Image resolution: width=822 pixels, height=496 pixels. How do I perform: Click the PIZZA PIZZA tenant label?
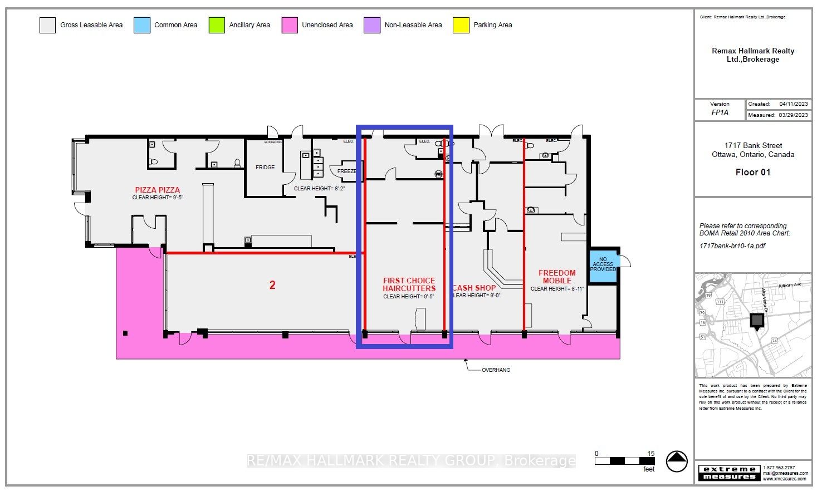(x=158, y=190)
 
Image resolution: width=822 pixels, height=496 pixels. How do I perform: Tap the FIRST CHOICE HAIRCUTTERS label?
(x=409, y=284)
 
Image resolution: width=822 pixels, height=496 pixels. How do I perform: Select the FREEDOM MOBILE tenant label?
(x=557, y=277)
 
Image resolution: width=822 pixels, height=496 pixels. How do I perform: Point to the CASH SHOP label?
(x=474, y=288)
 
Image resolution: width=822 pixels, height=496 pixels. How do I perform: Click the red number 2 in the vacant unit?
(x=272, y=285)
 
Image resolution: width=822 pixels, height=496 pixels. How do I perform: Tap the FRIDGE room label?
(x=265, y=168)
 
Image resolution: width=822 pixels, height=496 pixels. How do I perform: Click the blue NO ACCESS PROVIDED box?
(x=603, y=265)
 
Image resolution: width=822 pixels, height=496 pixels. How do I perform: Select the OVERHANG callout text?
(x=496, y=370)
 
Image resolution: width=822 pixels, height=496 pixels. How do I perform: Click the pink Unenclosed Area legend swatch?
(x=290, y=25)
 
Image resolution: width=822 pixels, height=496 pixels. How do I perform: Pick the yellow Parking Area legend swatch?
(x=461, y=25)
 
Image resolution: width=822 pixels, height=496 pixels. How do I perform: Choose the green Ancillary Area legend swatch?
(x=217, y=25)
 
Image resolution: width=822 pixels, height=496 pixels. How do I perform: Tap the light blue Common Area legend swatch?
(x=142, y=25)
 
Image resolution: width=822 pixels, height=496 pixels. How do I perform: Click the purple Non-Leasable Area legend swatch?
(x=372, y=25)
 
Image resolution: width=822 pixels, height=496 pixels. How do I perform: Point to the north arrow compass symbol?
(x=677, y=461)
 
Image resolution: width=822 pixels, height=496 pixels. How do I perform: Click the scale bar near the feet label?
(x=624, y=461)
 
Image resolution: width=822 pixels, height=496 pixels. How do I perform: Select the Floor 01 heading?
(x=752, y=173)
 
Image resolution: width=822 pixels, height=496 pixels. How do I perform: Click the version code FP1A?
(x=720, y=112)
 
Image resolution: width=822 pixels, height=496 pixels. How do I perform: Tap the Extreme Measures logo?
(x=729, y=473)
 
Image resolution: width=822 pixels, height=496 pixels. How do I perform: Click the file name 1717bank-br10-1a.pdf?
(x=732, y=245)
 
